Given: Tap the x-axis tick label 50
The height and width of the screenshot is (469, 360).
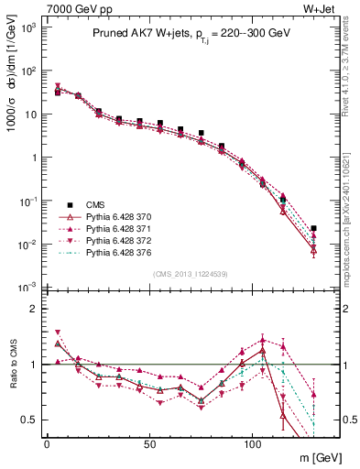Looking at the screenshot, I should (149, 442).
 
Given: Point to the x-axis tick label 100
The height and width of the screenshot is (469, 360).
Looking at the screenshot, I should (252, 442).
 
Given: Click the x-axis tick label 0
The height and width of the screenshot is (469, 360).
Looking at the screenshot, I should (47, 442).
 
